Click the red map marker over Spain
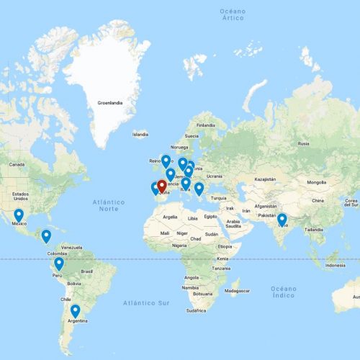(162, 186)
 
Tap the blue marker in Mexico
(19, 215)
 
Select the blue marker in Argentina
(75, 311)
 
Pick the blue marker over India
(282, 220)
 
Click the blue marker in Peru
(59, 264)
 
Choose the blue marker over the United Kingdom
(166, 161)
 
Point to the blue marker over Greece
(199, 189)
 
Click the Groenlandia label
(109, 103)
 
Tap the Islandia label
(140, 134)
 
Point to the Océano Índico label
(283, 291)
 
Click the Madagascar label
(237, 291)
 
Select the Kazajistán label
(265, 178)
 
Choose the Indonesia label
(334, 265)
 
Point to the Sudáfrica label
(196, 310)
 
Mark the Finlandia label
(206, 125)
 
